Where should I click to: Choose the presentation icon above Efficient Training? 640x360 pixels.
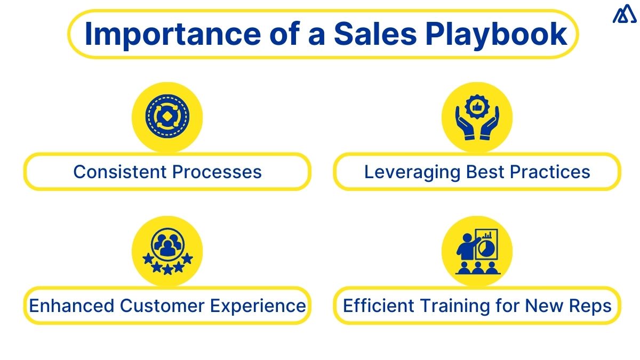(477, 251)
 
